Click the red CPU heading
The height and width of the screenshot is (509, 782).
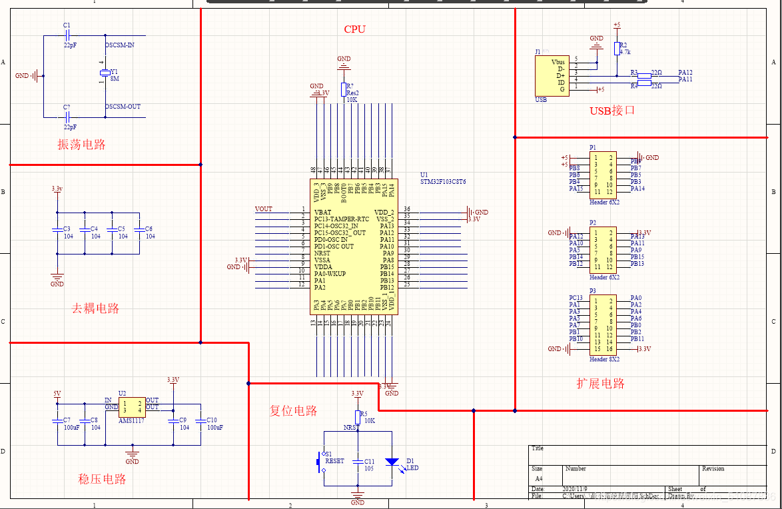click(x=354, y=29)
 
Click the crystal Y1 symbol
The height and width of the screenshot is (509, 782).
click(x=105, y=73)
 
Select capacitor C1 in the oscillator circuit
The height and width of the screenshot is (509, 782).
click(x=67, y=35)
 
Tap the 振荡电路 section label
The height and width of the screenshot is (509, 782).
click(x=81, y=145)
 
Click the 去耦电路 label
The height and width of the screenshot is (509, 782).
click(x=95, y=308)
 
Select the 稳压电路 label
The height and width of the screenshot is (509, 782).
click(x=102, y=479)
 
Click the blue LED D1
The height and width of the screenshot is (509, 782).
click(x=392, y=461)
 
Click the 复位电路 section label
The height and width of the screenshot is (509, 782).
click(x=293, y=411)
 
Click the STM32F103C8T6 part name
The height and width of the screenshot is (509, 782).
click(x=443, y=181)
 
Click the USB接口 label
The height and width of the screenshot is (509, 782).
click(x=612, y=111)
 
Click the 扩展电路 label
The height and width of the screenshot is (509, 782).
click(x=600, y=384)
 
